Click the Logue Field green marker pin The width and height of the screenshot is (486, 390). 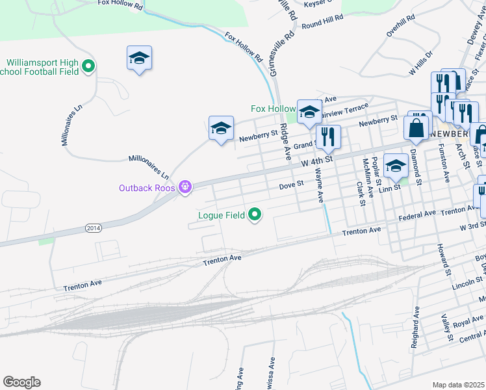click(x=255, y=214)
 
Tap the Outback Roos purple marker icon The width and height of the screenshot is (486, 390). click(x=185, y=187)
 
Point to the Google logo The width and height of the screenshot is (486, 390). click(x=21, y=382)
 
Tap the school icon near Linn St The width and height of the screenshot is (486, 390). click(x=396, y=166)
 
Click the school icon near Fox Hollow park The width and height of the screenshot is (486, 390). click(x=309, y=112)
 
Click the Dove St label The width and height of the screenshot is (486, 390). click(x=291, y=185)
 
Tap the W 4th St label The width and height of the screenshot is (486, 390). click(x=316, y=158)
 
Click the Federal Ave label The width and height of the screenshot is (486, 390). click(x=418, y=214)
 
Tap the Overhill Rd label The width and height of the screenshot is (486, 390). click(x=400, y=25)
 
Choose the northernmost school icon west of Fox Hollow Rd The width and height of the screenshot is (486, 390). click(x=139, y=58)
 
